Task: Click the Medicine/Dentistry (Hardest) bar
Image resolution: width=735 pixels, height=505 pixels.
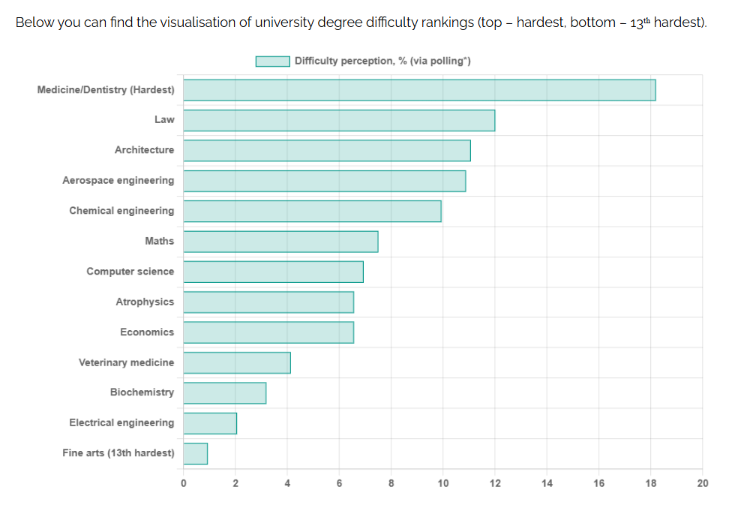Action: tap(419, 90)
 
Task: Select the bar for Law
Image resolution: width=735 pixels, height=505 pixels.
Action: tap(339, 121)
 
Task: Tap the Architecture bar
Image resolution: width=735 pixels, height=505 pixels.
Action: tap(327, 151)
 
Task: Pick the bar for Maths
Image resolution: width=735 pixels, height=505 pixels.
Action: tap(280, 242)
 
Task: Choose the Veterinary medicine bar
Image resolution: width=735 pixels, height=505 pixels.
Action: tap(237, 363)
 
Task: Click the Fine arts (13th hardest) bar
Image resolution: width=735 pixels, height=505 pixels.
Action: tap(196, 454)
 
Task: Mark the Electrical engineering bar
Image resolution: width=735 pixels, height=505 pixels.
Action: tap(210, 423)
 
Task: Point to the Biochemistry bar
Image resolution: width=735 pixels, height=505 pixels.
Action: tap(224, 393)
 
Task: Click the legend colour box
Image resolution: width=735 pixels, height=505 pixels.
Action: tap(272, 62)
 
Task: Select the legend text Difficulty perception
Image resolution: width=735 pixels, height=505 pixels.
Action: tap(344, 61)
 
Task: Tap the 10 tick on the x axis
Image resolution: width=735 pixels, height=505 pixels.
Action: tap(443, 483)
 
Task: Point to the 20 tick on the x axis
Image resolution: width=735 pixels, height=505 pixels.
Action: tap(702, 483)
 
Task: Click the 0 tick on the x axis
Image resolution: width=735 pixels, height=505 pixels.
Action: tap(183, 483)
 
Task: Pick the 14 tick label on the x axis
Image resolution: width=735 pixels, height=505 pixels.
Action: tap(547, 483)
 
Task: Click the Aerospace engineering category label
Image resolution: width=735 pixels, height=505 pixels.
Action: tap(118, 181)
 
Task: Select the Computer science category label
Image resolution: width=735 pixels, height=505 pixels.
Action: tap(130, 272)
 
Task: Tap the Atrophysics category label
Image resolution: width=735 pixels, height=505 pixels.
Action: tap(145, 302)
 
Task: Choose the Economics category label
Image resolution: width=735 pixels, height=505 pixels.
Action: tap(147, 332)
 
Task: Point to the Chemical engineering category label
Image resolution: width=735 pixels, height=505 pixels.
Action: tap(121, 211)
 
